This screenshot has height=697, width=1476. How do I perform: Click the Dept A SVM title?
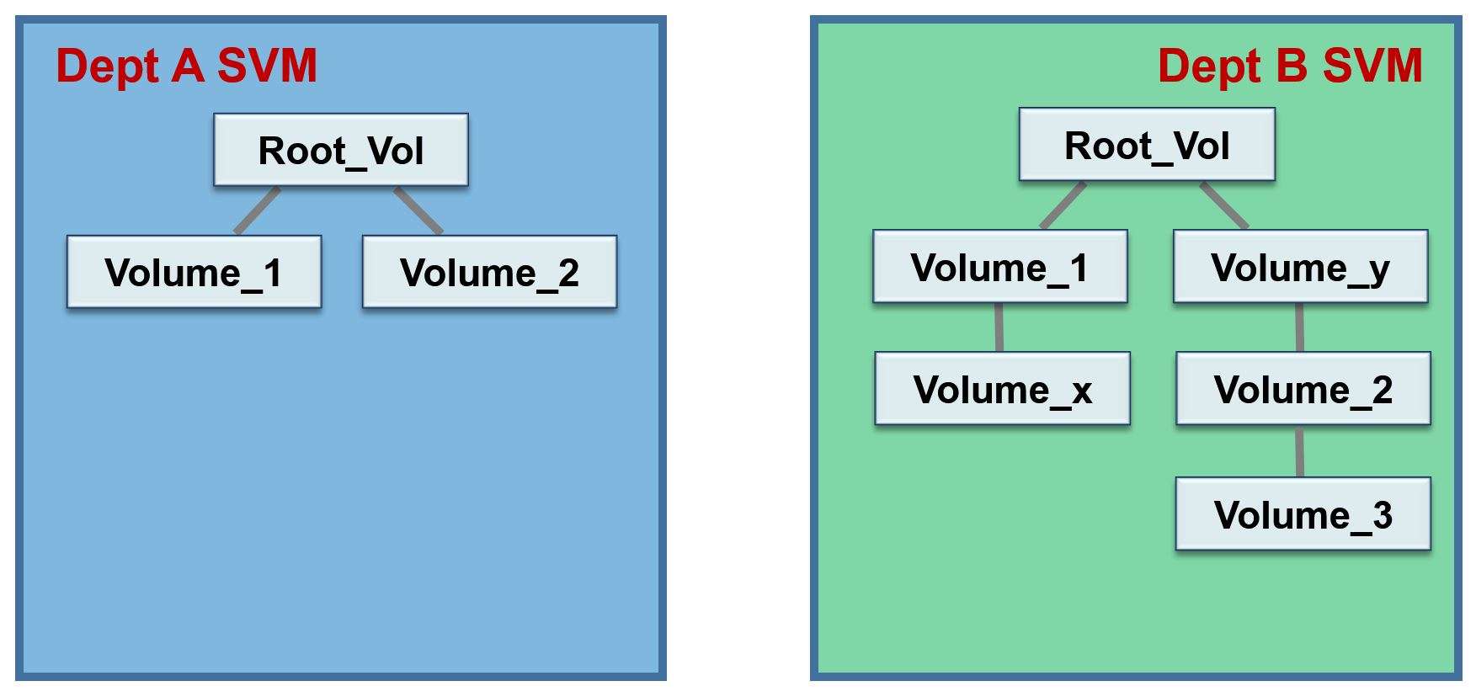186,66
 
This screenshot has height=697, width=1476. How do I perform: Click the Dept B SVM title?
1289,66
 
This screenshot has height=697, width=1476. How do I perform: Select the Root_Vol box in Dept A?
341,150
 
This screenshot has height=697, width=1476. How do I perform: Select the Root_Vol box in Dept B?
1147,145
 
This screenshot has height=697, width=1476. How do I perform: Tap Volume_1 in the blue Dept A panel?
194,272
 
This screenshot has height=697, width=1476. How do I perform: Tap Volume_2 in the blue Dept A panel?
489,272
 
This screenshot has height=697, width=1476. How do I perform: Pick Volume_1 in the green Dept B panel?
999,267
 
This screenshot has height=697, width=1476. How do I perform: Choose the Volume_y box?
1300,267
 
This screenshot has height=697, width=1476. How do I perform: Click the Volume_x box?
1002,389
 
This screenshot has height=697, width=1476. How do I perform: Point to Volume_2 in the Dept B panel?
1303,389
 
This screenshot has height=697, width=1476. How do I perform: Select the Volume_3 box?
1303,514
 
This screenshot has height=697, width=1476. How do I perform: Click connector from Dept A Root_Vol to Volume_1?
257,210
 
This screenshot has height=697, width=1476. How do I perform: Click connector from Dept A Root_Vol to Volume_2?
418,210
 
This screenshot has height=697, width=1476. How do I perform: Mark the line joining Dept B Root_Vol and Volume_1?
1063,205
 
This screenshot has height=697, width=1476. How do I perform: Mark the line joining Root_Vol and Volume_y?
1224,205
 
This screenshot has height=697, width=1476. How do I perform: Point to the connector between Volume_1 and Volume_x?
999,327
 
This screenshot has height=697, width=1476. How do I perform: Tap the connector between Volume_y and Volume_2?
1299,327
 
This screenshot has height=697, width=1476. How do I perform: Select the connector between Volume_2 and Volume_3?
1299,452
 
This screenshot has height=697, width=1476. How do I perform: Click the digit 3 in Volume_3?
1382,514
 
